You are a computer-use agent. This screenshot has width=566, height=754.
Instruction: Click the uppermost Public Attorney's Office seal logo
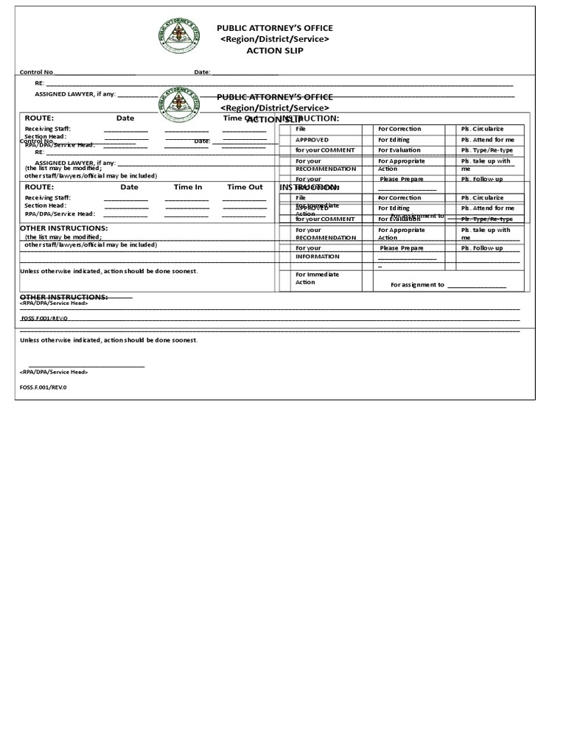tap(178, 35)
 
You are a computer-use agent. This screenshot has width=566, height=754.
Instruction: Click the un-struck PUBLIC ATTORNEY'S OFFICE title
tap(274, 28)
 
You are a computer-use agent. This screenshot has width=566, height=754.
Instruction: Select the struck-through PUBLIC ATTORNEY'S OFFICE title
tap(274, 97)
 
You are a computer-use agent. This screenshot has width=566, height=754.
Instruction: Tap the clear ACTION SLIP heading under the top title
tap(274, 51)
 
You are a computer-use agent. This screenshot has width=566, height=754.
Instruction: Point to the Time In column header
tap(188, 187)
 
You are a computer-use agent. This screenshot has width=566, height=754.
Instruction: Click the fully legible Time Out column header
tap(245, 187)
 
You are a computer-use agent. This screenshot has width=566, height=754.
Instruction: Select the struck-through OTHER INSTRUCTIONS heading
tap(63, 297)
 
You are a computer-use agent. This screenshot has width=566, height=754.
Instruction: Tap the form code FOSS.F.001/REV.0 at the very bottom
tap(43, 387)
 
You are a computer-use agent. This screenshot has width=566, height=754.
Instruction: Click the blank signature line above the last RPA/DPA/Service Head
tap(86, 366)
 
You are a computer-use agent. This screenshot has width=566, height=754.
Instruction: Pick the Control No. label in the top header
tap(37, 72)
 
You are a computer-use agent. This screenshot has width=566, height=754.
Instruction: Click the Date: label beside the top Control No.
tap(202, 72)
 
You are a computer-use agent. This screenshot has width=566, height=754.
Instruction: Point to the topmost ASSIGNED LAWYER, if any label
tap(74, 94)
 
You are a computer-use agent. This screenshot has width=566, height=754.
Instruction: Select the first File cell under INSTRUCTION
tap(301, 129)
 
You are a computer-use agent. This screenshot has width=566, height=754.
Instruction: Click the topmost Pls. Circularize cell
tap(482, 129)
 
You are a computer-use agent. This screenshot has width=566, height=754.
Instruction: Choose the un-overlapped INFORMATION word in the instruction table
tap(317, 257)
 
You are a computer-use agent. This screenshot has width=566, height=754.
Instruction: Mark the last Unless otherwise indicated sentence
tap(108, 340)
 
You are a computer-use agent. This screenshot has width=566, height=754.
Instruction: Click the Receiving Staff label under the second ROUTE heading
tap(47, 198)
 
